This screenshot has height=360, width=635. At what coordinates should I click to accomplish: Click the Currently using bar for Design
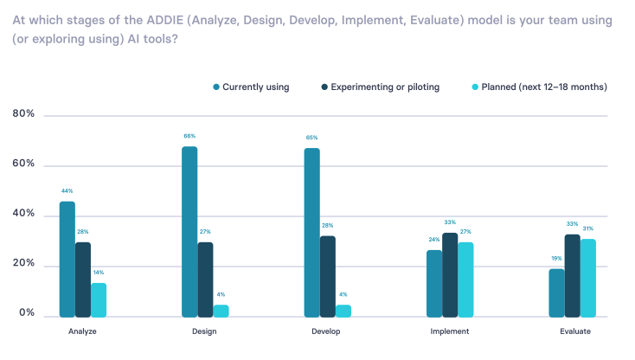point(189,231)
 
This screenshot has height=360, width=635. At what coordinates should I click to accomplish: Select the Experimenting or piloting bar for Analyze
point(83,279)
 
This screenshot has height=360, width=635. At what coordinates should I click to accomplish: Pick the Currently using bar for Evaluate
point(556,292)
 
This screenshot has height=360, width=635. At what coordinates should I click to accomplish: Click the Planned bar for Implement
point(465,279)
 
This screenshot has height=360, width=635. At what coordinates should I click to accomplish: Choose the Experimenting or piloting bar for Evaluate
point(572,274)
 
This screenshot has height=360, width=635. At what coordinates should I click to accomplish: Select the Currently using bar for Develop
point(311,232)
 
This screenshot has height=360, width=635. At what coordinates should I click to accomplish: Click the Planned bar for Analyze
point(99,299)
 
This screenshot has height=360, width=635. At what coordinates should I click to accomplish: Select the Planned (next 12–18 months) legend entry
point(538,87)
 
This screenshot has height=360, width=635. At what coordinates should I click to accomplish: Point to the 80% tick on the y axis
point(24,114)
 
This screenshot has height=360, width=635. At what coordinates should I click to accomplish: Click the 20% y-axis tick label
point(24,264)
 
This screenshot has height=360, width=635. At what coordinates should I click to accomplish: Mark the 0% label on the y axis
point(27,313)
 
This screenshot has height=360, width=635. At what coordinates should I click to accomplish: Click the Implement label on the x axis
point(449,331)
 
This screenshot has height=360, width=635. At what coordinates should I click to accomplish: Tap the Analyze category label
point(82,331)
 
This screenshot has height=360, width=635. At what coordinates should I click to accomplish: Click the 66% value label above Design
point(189,136)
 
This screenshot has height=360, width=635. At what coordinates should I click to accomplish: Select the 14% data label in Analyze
point(99,273)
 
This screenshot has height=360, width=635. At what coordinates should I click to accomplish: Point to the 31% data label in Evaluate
point(587,228)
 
